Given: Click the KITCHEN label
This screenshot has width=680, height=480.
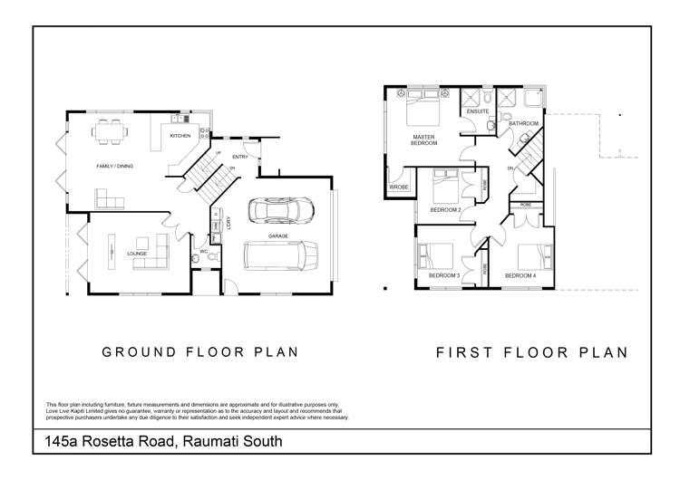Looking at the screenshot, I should click(x=180, y=137).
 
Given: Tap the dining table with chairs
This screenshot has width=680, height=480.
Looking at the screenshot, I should click(x=110, y=133).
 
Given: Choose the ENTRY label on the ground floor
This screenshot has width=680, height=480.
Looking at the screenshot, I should click(x=238, y=157).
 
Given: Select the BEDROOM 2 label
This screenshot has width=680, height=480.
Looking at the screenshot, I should click(x=445, y=210).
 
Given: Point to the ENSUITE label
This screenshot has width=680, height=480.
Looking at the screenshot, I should click(x=478, y=111).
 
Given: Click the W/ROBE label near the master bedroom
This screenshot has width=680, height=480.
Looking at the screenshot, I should click(x=399, y=187).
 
